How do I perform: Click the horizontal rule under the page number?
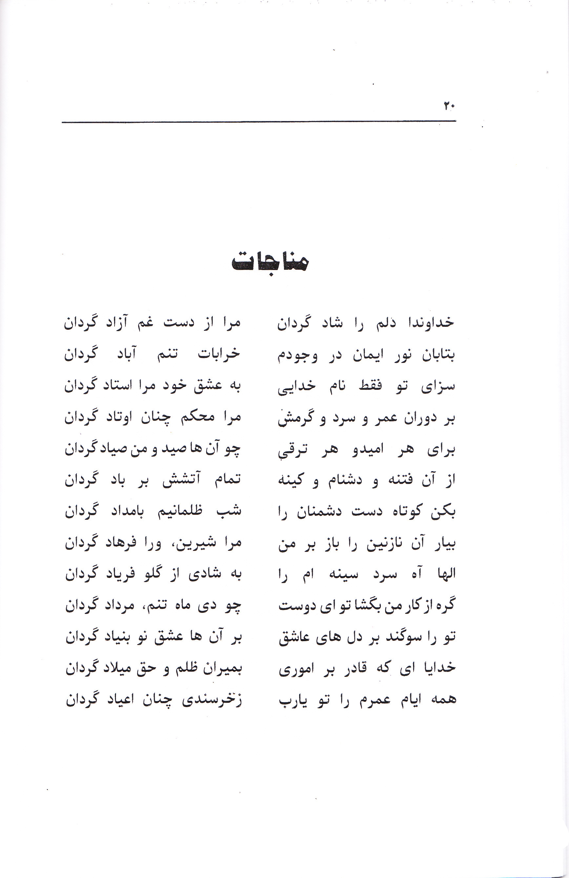click(258, 121)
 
